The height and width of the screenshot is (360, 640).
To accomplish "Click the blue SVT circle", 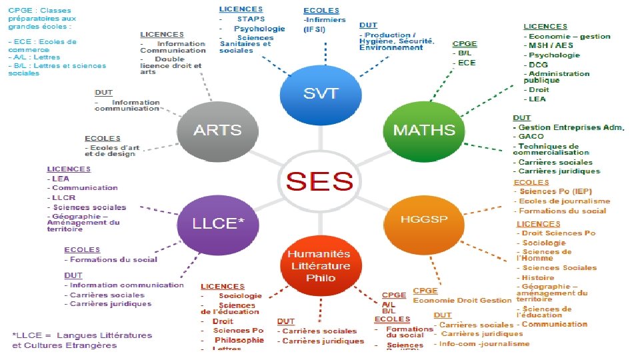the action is coord(320,93).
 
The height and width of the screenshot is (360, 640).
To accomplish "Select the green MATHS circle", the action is coord(424,130).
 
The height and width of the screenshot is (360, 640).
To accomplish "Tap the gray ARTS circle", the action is coord(217,131).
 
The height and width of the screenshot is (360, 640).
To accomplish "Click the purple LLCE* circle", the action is coord(217,223).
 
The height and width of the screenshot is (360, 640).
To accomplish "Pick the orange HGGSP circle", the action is coord(424,219).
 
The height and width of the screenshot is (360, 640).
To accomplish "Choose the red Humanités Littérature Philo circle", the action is coord(320,265).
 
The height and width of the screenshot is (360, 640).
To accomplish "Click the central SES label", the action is coord(319,181).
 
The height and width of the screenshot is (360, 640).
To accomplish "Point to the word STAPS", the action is coord(251,19).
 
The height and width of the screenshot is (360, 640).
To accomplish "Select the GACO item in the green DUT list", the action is coord(531,136).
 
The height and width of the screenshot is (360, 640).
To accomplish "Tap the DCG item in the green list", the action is coord(539,64).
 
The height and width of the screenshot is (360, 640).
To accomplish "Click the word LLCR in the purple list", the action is coord(64,197).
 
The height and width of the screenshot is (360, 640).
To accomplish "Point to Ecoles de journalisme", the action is coord(564,201).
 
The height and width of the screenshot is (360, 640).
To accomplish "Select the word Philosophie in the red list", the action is coord(239,340).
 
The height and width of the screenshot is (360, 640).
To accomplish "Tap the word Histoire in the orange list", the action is coord(538,277).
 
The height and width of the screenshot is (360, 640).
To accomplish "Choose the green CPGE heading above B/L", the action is coord(465,43).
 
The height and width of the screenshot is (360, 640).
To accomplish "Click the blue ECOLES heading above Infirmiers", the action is coord(321,11).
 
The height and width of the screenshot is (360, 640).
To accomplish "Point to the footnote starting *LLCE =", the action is coord(83,340).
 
